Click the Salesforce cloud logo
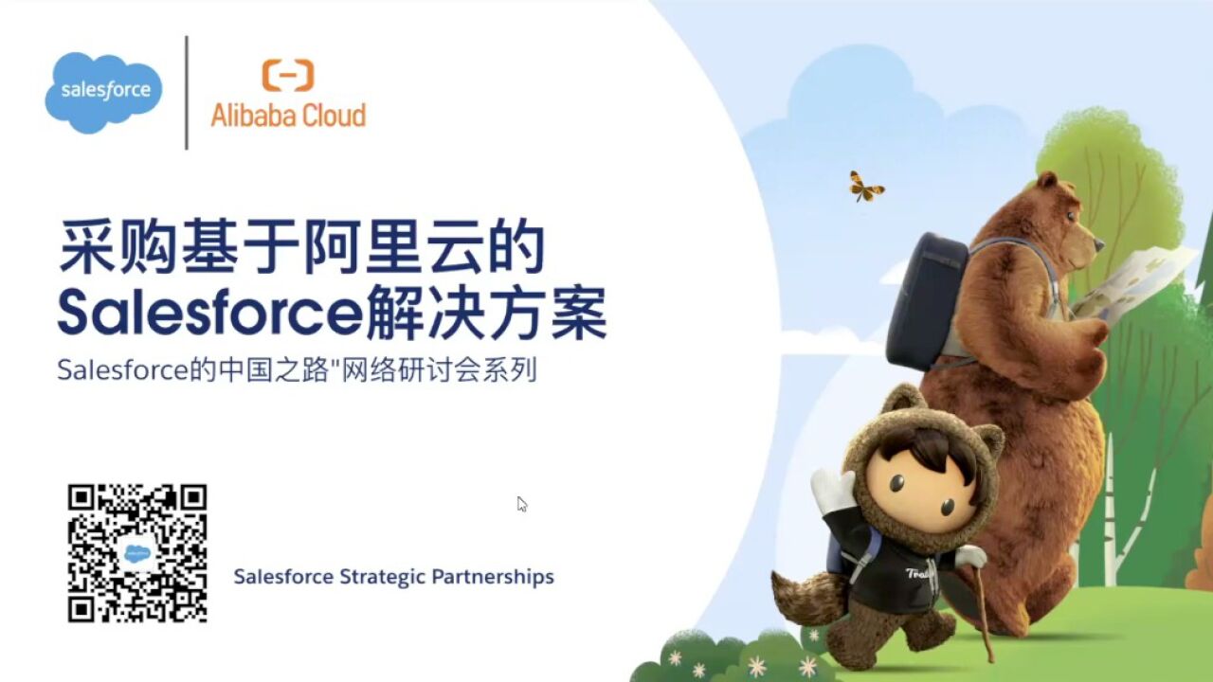point(104,91)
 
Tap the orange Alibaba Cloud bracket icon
point(288,75)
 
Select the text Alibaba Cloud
point(288,116)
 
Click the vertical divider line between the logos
point(187,93)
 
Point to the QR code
point(137,553)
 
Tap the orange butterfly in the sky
point(865,187)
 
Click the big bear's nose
point(1099,243)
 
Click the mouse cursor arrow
point(521,503)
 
